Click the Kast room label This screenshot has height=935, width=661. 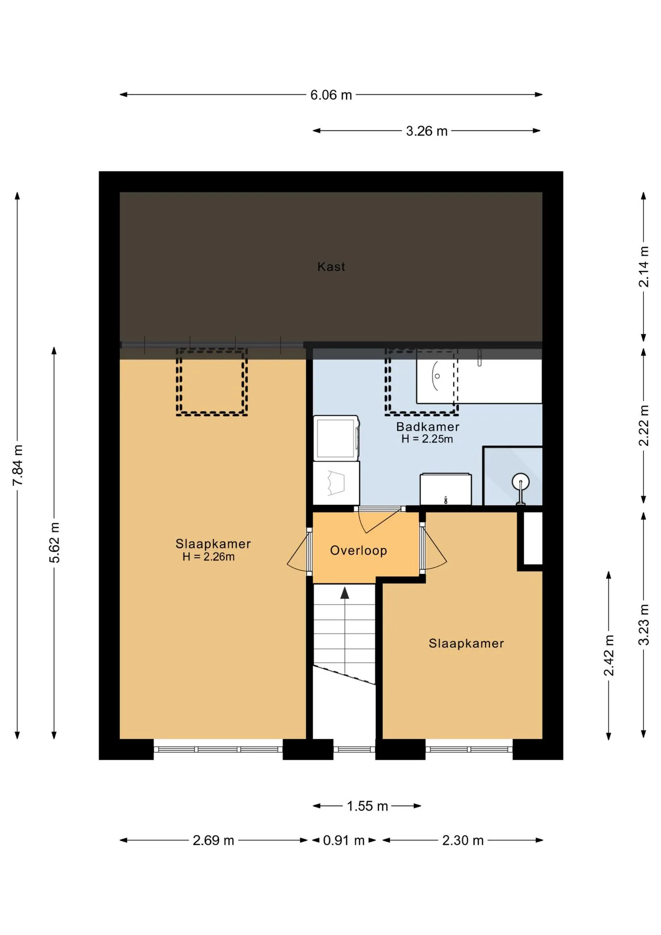(331, 266)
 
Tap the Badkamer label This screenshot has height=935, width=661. (427, 427)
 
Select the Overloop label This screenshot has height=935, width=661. (358, 550)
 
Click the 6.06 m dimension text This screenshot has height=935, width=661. (331, 95)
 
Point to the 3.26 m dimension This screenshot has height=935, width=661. (426, 131)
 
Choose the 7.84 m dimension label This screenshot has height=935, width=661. (18, 465)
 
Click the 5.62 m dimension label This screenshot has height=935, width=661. (55, 542)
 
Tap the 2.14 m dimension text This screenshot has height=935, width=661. (643, 267)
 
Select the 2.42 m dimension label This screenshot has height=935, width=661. (608, 655)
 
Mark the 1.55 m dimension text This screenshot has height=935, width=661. (367, 806)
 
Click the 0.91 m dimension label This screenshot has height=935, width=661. (344, 840)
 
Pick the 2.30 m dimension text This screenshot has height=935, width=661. (462, 840)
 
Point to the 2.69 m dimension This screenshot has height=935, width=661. (213, 840)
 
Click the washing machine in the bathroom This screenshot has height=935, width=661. (336, 438)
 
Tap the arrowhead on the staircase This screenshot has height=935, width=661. (345, 593)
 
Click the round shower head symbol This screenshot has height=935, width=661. (521, 482)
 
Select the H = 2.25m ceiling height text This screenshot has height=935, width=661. (427, 439)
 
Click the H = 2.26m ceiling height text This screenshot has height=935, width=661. (208, 557)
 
